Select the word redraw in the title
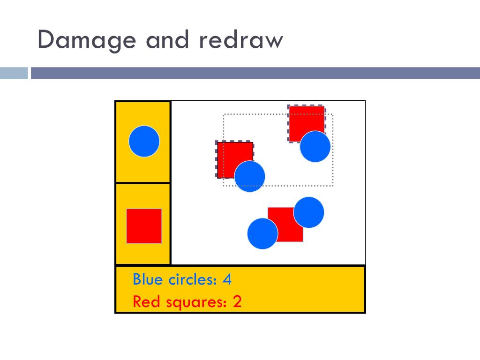pyautogui.click(x=240, y=40)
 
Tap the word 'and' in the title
pyautogui.click(x=167, y=40)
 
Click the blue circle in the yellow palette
pyautogui.click(x=144, y=141)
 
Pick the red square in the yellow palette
pyautogui.click(x=144, y=226)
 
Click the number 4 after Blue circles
pyautogui.click(x=227, y=280)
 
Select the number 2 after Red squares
pyautogui.click(x=237, y=302)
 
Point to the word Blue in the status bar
pyautogui.click(x=147, y=280)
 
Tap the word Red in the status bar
pyautogui.click(x=144, y=302)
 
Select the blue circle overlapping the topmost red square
pyautogui.click(x=315, y=147)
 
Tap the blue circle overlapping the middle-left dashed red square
pyautogui.click(x=250, y=176)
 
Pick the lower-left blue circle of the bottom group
pyautogui.click(x=262, y=233)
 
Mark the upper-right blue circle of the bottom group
pyautogui.click(x=308, y=212)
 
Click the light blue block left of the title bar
pyautogui.click(x=14, y=73)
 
